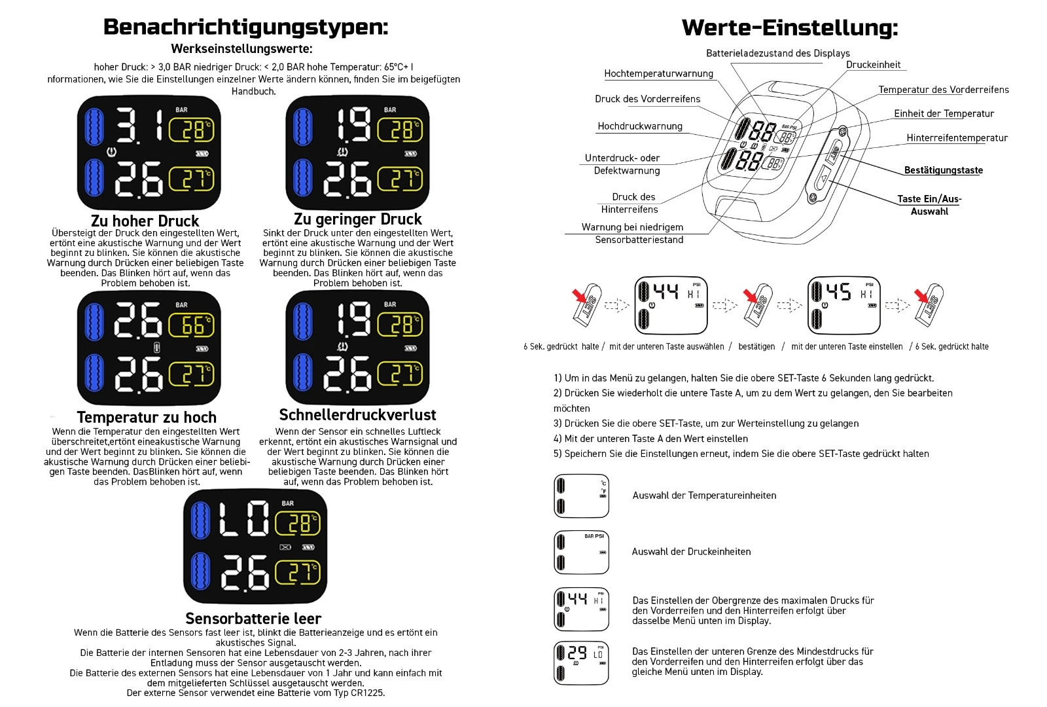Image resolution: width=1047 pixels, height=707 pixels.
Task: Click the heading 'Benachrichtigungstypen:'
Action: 245,27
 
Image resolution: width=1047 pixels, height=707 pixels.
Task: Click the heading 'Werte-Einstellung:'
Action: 789,27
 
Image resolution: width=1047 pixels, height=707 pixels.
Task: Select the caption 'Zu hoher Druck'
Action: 145,221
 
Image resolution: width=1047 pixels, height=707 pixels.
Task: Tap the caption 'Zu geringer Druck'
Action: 357,219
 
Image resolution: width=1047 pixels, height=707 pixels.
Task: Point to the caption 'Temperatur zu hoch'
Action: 147,417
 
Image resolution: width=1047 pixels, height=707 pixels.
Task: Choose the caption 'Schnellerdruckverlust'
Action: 357,415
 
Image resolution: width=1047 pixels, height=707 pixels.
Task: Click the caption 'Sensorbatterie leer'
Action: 253,619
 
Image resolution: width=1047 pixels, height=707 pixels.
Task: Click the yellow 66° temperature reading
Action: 192,325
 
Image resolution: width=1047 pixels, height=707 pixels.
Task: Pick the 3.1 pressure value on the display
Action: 139,125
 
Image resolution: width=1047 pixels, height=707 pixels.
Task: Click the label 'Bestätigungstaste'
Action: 943,170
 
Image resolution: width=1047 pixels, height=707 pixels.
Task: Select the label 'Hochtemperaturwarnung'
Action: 658,73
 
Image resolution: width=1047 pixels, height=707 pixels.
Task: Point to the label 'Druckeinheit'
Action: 873,65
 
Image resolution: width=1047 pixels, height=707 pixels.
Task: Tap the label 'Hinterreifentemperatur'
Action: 957,138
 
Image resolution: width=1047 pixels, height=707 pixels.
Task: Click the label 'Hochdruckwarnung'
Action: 640,126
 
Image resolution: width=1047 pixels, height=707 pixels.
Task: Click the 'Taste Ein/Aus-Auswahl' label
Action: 929,205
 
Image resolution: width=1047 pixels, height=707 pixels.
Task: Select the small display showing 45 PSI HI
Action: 843,305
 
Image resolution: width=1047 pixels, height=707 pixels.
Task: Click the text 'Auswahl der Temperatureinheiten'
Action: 704,496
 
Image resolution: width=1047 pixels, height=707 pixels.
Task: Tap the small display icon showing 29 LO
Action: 581,663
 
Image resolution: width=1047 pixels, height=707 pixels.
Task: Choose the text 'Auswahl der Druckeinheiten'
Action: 691,552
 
